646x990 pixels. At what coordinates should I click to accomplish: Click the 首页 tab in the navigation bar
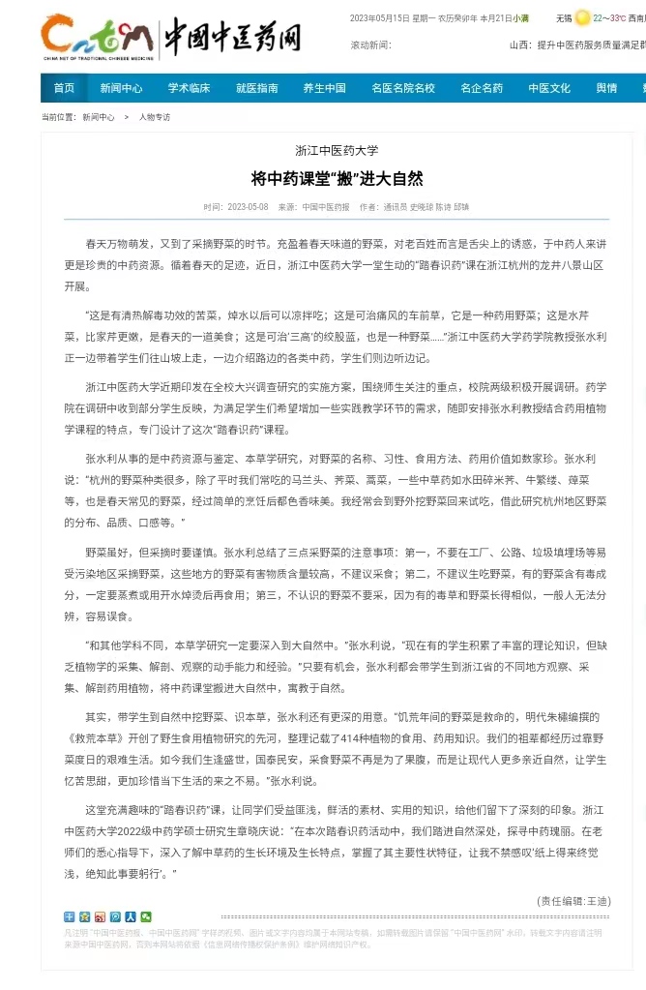(64, 88)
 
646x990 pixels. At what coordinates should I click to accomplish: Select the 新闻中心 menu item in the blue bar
(121, 88)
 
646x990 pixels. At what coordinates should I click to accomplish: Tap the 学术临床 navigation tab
(189, 88)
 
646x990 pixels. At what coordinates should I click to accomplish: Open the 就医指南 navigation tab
(257, 88)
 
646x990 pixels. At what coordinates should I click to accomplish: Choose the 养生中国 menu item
(324, 88)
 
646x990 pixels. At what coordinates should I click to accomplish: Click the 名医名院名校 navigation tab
(403, 88)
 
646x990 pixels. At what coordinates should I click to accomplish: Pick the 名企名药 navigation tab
(482, 88)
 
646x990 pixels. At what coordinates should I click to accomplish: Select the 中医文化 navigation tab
(549, 88)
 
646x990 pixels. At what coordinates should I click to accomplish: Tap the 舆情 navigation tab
(606, 88)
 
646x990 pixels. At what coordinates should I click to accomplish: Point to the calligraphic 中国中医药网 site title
(233, 37)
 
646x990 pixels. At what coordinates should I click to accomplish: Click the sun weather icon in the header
(582, 17)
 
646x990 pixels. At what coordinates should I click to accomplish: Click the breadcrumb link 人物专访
(154, 117)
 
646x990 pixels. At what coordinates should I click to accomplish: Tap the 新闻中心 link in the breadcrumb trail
(98, 117)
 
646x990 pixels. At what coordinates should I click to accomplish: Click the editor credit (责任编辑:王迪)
(573, 900)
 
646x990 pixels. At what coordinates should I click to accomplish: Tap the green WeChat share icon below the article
(146, 916)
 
